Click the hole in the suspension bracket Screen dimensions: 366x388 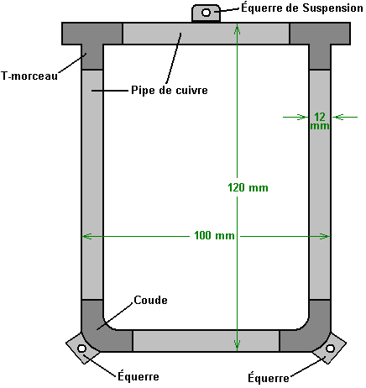[x=207, y=13]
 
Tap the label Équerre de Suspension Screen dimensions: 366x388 [x=302, y=8]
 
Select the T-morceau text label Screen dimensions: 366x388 [x=29, y=76]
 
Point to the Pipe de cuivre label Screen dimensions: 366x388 [x=170, y=90]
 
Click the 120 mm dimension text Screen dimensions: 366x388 [x=248, y=187]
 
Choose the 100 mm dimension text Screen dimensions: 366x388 [x=214, y=235]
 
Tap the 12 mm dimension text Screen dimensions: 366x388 [x=320, y=121]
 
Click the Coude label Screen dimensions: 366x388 [x=150, y=300]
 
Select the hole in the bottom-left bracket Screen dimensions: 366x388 [x=81, y=349]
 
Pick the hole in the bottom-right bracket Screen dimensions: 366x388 [x=330, y=349]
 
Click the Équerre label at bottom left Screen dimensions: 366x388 [x=139, y=376]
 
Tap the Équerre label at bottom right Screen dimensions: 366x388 [x=269, y=378]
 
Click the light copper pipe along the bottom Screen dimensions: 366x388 [x=206, y=341]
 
